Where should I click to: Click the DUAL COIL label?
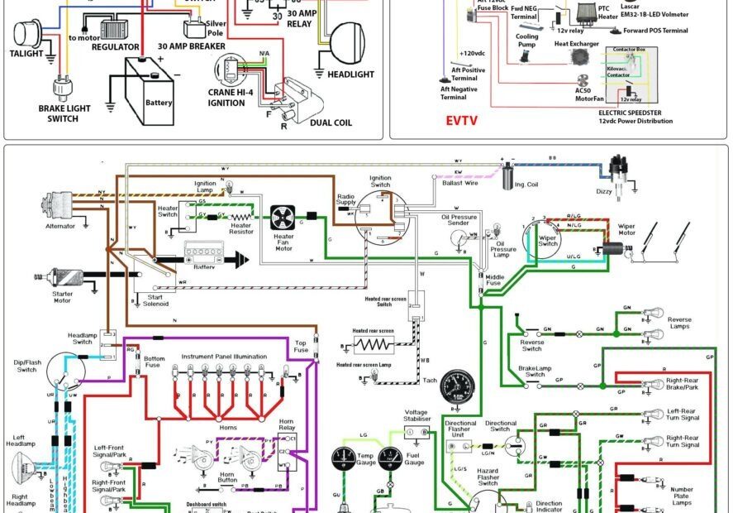pos(331,122)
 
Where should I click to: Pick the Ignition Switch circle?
pos(380,217)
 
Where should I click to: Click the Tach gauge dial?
pos(456,386)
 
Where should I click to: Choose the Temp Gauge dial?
pos(344,460)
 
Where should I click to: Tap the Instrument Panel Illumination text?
pos(225,356)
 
